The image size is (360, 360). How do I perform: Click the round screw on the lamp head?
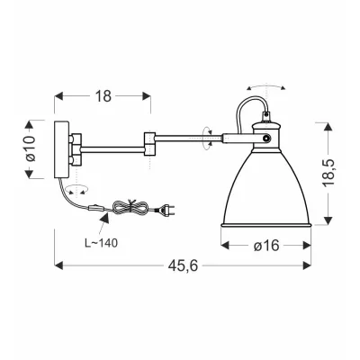267,138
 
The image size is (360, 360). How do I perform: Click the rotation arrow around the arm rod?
209,139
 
